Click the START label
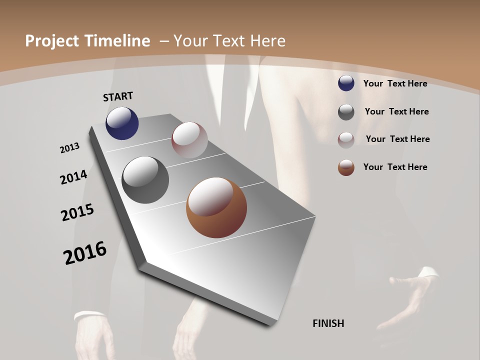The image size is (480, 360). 118,96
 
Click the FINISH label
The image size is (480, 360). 328,323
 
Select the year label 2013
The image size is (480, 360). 70,148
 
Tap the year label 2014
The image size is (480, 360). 74,177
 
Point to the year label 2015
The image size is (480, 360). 77,212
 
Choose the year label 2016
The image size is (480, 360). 85,253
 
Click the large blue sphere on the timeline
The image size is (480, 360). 122,123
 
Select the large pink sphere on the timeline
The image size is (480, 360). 189,140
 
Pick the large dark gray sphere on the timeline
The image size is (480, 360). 145,180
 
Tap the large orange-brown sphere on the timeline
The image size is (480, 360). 216,207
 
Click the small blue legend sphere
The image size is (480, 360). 346,83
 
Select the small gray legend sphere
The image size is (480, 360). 346,112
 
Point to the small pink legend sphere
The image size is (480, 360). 346,140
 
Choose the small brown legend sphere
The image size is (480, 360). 346,168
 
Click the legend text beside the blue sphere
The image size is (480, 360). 395,84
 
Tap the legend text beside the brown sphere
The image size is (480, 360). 395,167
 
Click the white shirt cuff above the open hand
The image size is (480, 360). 428,273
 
